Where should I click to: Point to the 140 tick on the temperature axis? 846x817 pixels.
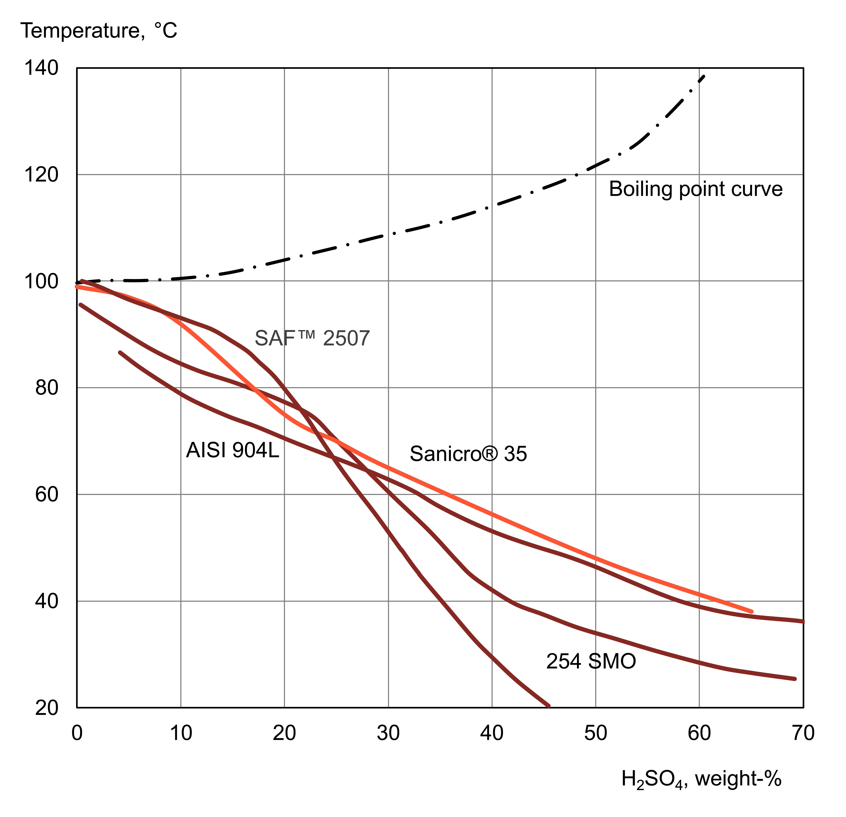(41, 68)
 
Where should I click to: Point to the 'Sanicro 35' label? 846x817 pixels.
(468, 454)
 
